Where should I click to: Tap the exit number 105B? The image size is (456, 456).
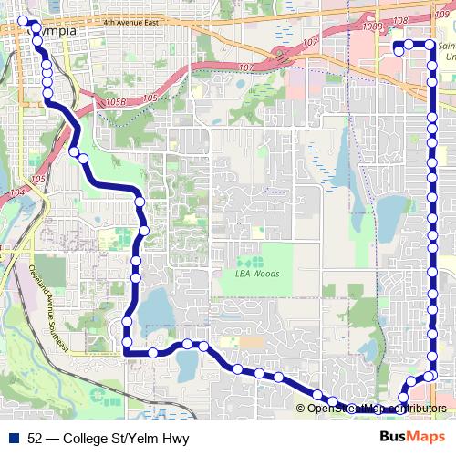click(115, 103)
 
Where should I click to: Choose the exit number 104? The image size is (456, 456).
click(16, 193)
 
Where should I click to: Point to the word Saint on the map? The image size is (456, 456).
click(448, 46)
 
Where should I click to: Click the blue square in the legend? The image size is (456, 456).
click(13, 439)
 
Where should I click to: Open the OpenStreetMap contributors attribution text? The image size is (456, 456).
click(377, 408)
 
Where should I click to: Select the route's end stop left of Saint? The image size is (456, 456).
click(399, 52)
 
